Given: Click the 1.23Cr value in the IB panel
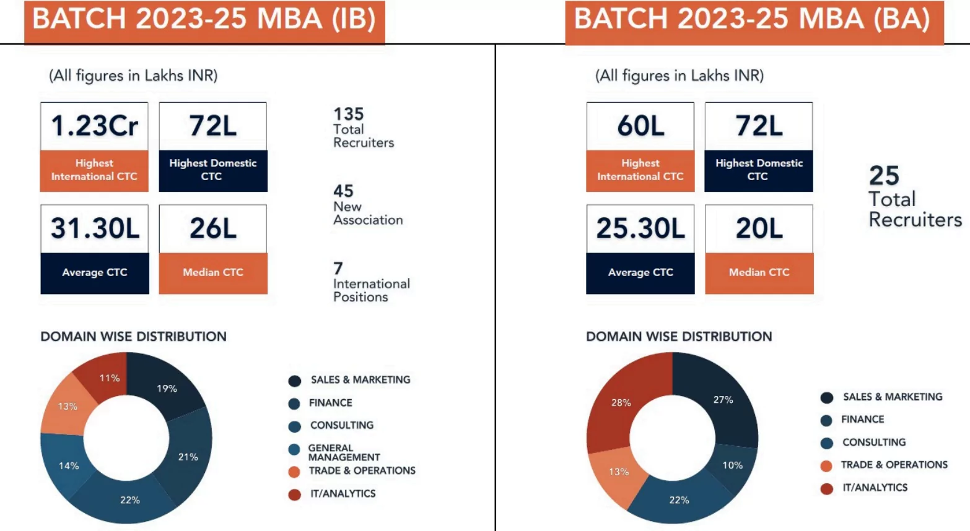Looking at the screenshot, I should coord(94,126).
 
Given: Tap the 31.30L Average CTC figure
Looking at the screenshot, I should coord(95,228).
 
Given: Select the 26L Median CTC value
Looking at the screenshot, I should coord(212,228).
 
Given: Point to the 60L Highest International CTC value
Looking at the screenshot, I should coord(640,126).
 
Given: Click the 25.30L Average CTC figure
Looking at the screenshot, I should coord(640,228).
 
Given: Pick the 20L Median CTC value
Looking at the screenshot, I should coord(759,228).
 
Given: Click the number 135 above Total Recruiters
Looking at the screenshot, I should coord(348,114).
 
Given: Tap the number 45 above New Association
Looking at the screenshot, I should coord(343,191).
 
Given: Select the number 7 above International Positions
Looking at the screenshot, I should coord(338,268).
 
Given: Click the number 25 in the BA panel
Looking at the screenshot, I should coord(884,176).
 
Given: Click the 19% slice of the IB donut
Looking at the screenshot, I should coord(167,388).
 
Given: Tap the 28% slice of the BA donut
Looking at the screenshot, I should coord(621,402).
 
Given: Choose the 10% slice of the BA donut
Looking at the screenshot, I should coord(732,465).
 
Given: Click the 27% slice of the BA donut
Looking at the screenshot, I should coord(723,400).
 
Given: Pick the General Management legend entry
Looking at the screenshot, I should coord(344,452).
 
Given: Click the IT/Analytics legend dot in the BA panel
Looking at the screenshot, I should coord(826,489).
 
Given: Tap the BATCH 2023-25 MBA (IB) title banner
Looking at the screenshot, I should coord(204,20).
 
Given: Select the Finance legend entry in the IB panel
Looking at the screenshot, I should coord(330,403).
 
